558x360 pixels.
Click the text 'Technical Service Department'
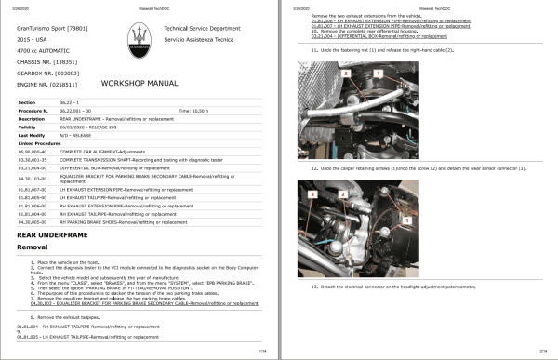point(196,30)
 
